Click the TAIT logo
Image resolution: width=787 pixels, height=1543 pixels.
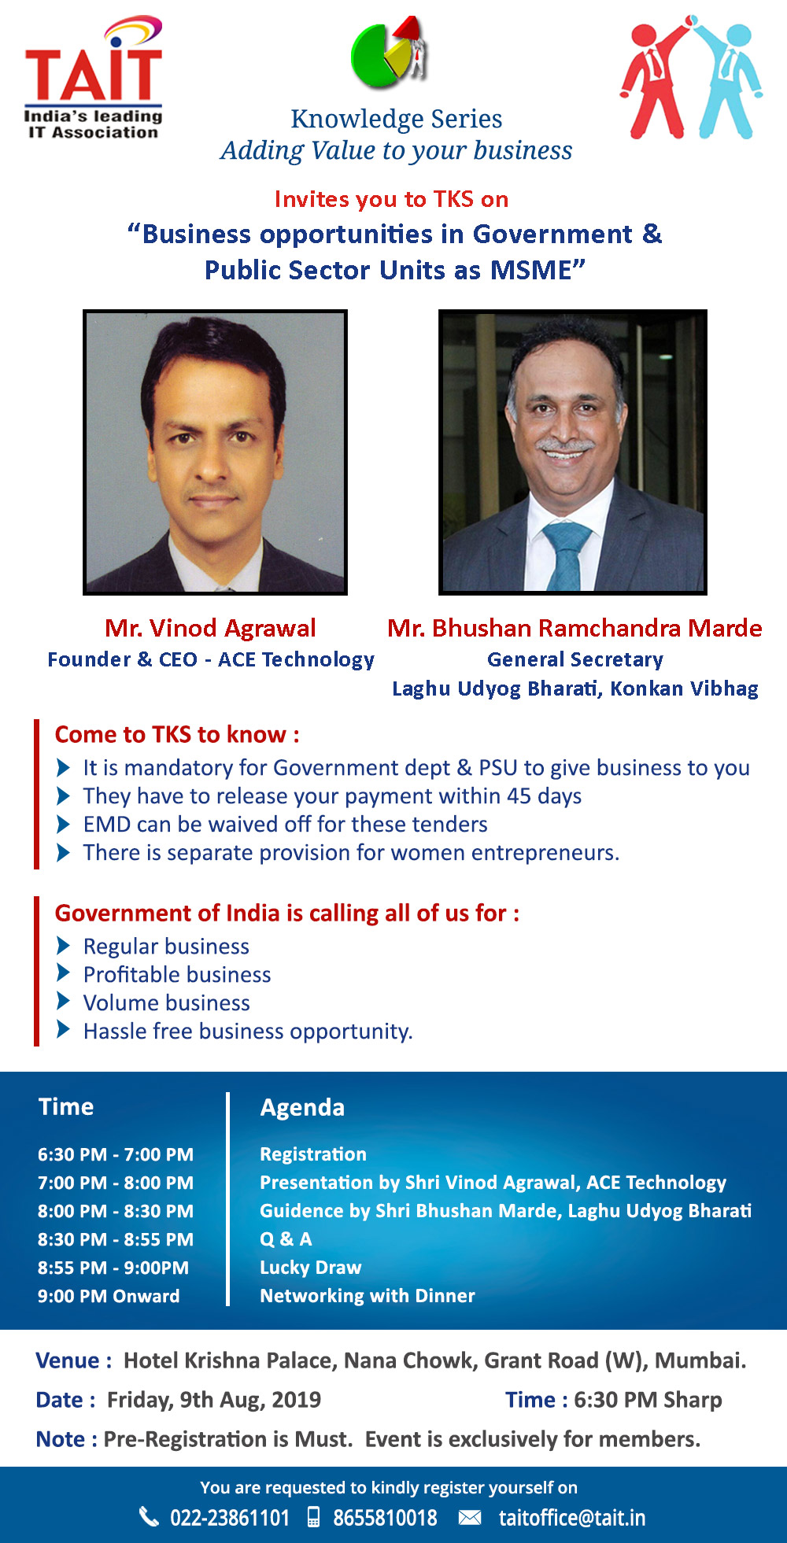click(x=94, y=79)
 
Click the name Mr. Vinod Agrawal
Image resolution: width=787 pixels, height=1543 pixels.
click(x=210, y=628)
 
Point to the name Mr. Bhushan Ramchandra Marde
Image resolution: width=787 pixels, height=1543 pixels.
click(x=575, y=628)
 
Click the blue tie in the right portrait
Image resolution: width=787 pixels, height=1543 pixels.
click(x=566, y=556)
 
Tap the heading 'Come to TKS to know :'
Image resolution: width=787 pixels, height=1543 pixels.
click(x=177, y=735)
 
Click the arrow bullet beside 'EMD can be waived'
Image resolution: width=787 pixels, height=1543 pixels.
click(x=64, y=824)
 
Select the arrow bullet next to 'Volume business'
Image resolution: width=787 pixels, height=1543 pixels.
click(x=64, y=1002)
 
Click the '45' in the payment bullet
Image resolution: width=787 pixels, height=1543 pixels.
click(x=519, y=795)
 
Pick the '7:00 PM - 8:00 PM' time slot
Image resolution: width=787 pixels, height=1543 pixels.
click(x=116, y=1183)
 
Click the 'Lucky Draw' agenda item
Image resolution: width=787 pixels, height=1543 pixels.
click(x=311, y=1268)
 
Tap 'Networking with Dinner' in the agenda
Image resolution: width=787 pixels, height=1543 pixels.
click(x=368, y=1296)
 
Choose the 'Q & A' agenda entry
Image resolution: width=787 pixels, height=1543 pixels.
click(x=286, y=1239)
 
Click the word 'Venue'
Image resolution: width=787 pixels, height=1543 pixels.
click(x=68, y=1360)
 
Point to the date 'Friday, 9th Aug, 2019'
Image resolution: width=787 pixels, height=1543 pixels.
click(x=214, y=1401)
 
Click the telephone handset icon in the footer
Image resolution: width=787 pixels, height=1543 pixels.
click(x=149, y=1516)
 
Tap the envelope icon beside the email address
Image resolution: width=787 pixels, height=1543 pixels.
click(x=470, y=1517)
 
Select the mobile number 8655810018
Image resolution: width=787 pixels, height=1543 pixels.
click(x=385, y=1518)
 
